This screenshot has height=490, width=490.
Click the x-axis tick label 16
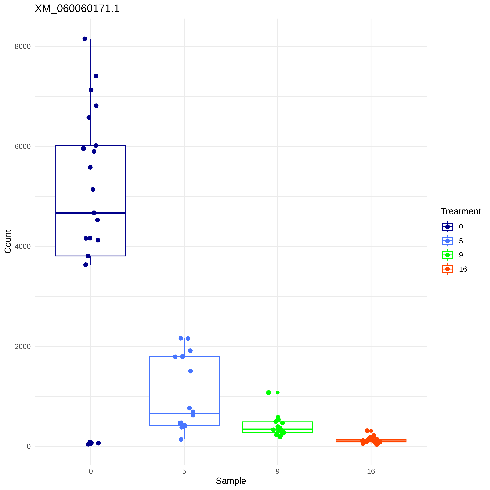coord(371,471)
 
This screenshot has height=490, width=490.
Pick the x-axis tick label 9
coord(277,471)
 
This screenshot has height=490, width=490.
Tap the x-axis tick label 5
coord(184,471)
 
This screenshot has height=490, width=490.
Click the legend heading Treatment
coord(461,211)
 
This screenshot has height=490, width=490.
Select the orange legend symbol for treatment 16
coord(447,269)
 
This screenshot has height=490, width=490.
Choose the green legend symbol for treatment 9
coord(447,255)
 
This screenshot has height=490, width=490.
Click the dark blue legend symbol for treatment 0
coord(447,227)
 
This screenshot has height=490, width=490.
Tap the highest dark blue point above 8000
coord(85,39)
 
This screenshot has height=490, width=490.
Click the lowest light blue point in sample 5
coord(181,439)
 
